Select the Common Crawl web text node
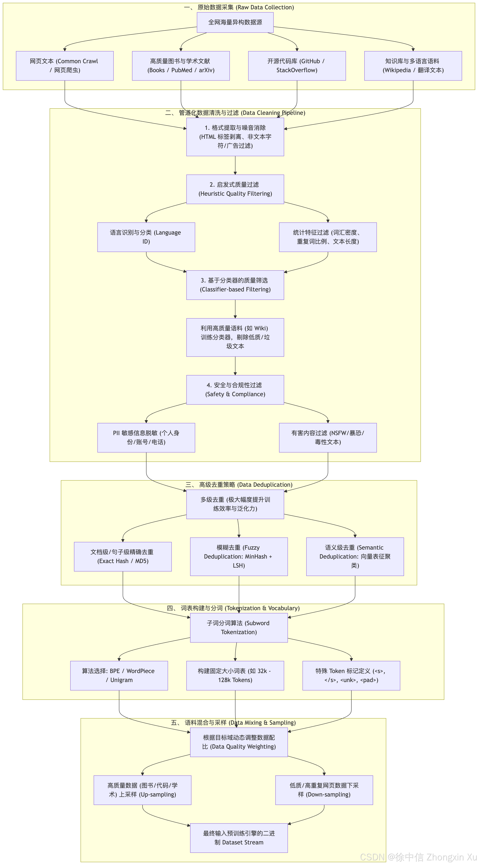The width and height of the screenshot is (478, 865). point(65,66)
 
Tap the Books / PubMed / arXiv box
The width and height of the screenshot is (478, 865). point(181,66)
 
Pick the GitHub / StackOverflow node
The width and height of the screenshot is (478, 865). point(297,66)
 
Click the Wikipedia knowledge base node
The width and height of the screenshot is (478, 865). point(413,66)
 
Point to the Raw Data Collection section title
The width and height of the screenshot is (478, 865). point(239,7)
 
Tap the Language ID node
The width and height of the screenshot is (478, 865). point(146,237)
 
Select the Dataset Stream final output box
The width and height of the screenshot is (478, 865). point(239,838)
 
